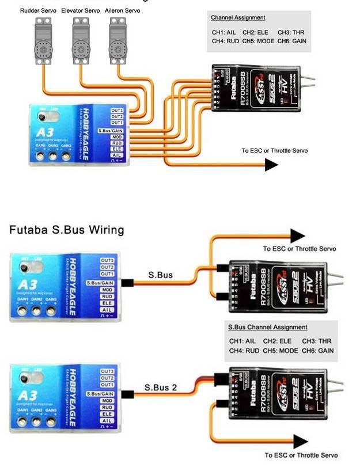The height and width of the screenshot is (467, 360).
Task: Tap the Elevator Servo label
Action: (85, 11)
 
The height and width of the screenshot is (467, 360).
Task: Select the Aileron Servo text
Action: (125, 11)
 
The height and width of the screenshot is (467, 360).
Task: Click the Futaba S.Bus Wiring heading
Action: (66, 230)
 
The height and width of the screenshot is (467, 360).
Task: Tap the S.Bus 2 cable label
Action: (161, 388)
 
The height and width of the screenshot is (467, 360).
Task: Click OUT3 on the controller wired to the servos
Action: (117, 109)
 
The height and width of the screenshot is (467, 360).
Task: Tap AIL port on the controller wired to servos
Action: (117, 155)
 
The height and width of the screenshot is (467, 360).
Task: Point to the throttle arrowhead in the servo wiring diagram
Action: (271, 165)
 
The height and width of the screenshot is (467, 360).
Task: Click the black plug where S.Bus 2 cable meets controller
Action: (126, 394)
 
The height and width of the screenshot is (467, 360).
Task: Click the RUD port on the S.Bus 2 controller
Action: (107, 407)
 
